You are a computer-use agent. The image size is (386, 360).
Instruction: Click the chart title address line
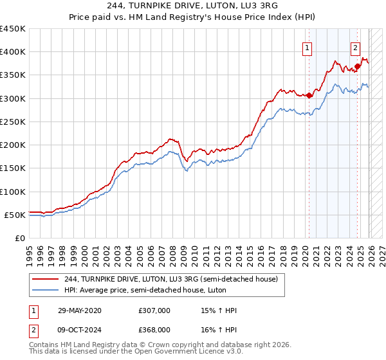(193, 6)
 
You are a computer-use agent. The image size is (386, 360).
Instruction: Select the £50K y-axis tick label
(15, 215)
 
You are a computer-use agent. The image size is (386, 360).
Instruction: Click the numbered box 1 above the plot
(308, 48)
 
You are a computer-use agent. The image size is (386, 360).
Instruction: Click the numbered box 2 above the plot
(355, 48)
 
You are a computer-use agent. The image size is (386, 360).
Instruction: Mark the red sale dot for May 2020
(309, 95)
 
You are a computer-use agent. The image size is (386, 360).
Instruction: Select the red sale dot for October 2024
(357, 66)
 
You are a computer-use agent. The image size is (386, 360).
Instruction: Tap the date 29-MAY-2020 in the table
(79, 310)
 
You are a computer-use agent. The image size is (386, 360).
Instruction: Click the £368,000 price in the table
(154, 329)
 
